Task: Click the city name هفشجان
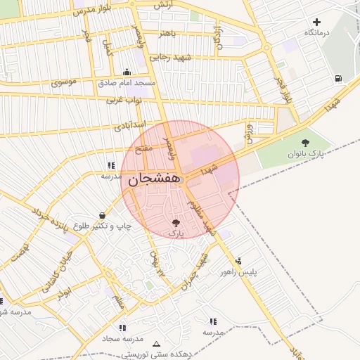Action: pos(152,180)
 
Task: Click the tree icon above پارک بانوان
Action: pos(304,143)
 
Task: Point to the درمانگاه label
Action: pos(317,33)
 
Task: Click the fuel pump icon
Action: pos(339,78)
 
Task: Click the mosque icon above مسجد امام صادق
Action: pos(127,72)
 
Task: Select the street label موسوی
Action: pos(64,82)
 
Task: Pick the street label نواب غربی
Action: pos(124,101)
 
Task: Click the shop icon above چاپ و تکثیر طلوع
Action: pos(103,215)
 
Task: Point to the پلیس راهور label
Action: pos(239,271)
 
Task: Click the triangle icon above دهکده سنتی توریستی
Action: pos(156,345)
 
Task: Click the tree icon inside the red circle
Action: pos(176,223)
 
